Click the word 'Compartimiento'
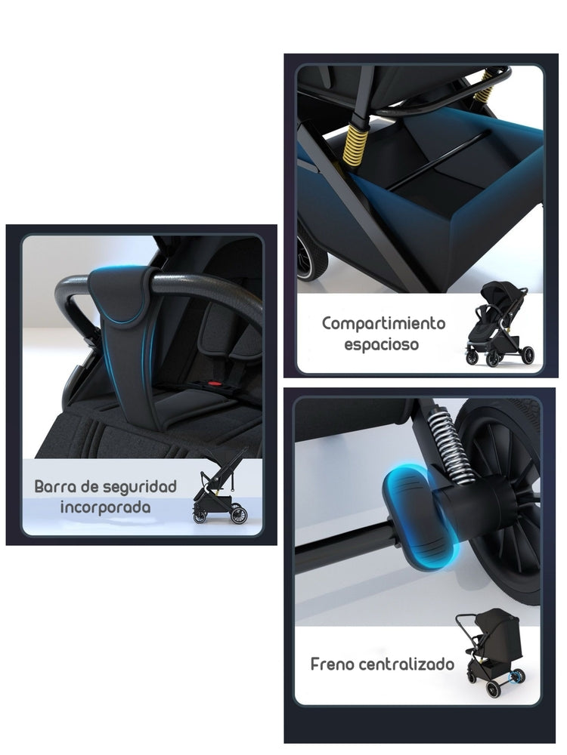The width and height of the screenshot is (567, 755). [383, 324]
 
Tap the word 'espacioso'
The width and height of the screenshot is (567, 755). [382, 345]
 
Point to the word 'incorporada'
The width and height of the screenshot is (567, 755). [105, 507]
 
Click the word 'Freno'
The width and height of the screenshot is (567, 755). [333, 664]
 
